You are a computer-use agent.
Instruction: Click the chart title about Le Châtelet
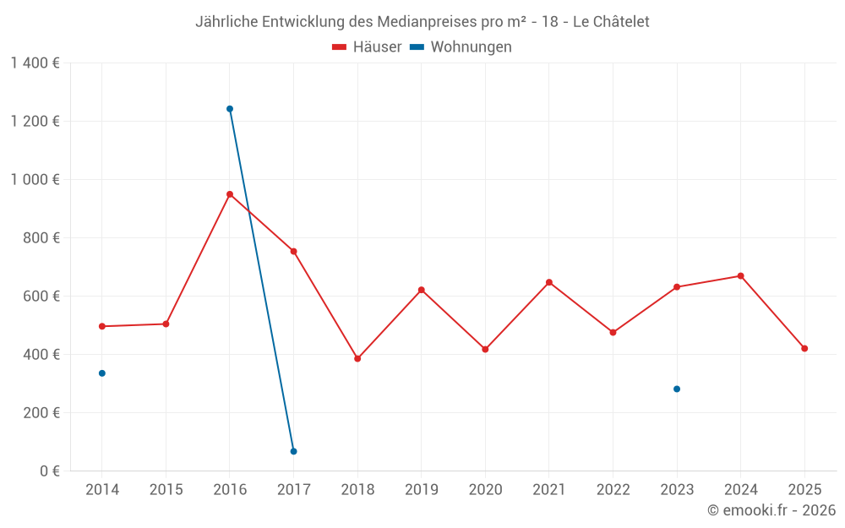422,22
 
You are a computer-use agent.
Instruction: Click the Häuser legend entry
367,47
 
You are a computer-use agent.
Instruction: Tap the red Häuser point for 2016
230,194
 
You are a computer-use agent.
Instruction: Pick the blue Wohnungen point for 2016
230,109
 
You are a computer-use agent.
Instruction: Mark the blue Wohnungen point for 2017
293,451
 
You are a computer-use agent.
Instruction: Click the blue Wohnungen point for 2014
102,373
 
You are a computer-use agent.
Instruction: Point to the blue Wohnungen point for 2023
677,389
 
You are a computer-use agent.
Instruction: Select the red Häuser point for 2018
357,359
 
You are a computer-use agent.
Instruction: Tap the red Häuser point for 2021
549,282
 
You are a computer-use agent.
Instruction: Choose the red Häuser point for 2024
740,276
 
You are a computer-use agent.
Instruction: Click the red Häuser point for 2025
804,349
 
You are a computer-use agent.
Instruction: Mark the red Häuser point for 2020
485,350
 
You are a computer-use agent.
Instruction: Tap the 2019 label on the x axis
421,490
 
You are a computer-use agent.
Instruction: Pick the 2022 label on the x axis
613,490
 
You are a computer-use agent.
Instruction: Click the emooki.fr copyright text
771,510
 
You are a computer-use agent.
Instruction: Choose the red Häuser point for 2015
166,324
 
